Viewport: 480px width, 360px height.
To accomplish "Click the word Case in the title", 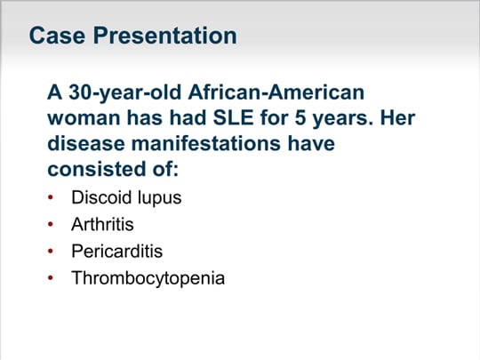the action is point(57,36).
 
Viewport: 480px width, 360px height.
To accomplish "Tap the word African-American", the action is point(276,92).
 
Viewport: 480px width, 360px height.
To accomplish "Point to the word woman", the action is point(84,118).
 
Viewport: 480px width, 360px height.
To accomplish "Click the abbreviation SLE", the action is point(233,117).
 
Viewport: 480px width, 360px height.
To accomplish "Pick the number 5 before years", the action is point(300,118).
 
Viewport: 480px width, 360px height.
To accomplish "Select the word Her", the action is point(397,118).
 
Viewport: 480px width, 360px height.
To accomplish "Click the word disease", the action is point(86,143).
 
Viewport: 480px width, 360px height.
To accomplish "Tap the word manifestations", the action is point(206,143).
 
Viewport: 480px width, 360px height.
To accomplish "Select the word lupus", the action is point(159,198).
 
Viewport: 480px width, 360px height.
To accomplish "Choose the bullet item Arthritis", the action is point(102,224).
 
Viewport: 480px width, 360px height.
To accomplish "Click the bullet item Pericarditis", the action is point(117,251).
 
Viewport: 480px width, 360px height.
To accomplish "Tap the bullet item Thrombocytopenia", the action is point(148,278).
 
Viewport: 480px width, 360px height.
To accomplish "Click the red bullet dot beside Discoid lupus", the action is point(51,197).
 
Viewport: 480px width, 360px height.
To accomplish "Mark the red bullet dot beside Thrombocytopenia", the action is point(51,278).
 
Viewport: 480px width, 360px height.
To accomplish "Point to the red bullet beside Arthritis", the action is point(51,224).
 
